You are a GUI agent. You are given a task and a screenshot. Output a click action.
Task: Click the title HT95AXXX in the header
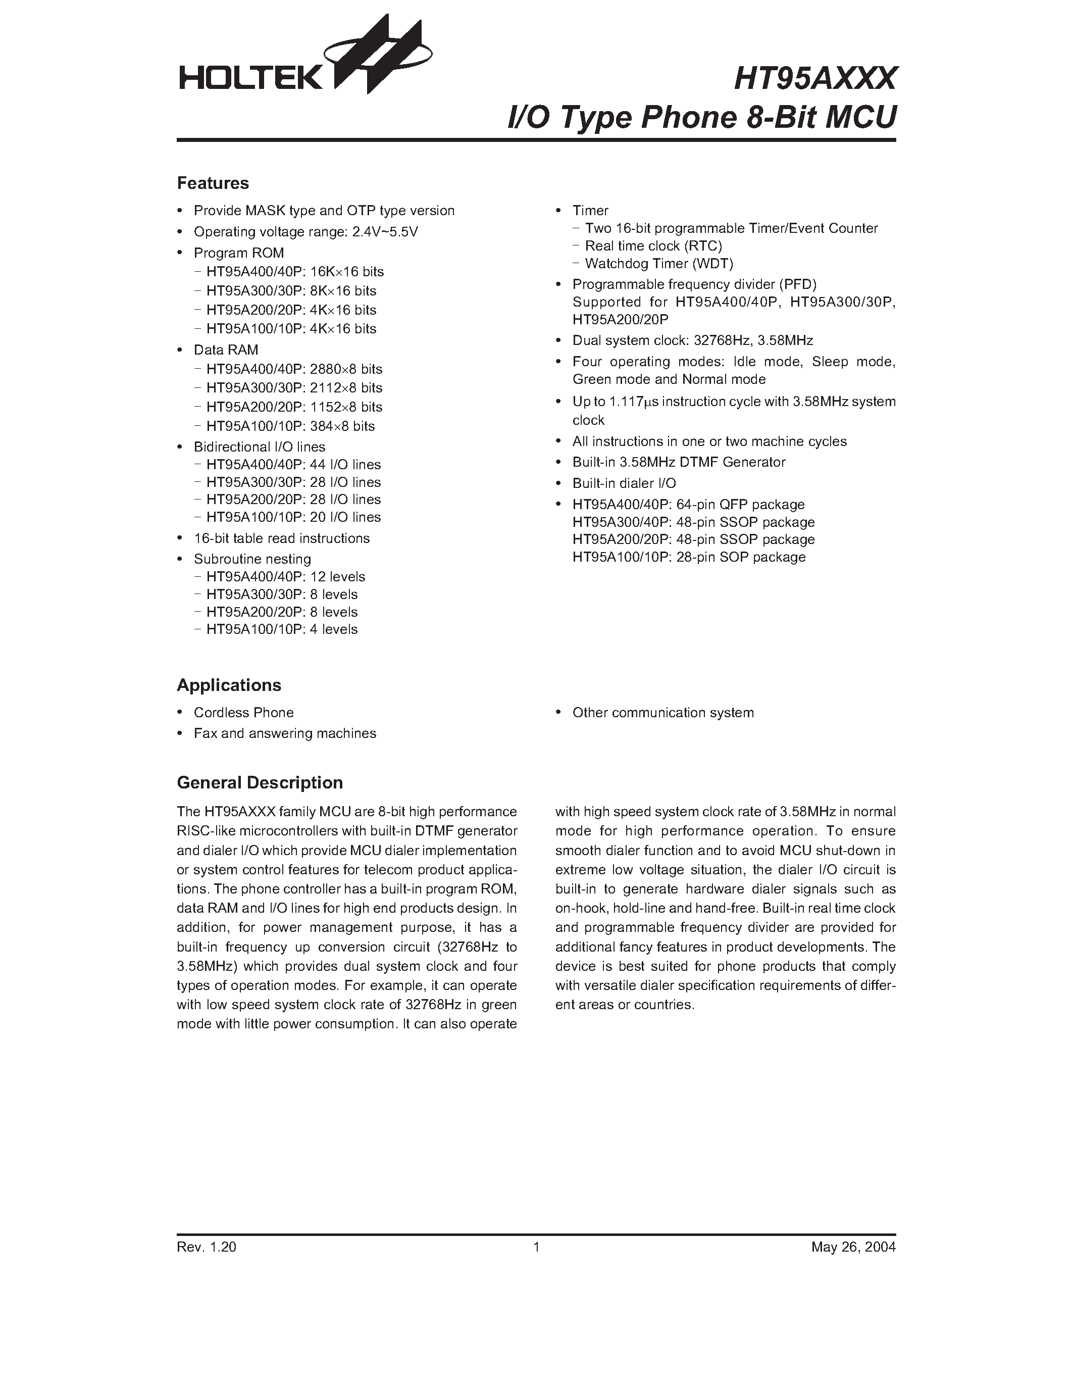(814, 79)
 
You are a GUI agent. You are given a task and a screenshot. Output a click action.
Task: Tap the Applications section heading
(228, 685)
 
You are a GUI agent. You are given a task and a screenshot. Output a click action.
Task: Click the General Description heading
(260, 782)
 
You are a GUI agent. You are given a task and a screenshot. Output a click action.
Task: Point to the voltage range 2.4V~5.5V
(385, 231)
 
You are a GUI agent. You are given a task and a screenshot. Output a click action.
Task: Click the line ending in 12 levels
(285, 577)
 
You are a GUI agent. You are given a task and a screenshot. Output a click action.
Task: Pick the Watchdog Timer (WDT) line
(658, 263)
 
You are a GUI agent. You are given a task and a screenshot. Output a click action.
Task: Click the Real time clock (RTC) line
(653, 245)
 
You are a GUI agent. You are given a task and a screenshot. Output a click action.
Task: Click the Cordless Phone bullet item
(243, 712)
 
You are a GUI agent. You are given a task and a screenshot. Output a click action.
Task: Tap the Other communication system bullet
(662, 712)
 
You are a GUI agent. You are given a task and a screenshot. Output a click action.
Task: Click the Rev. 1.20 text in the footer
(206, 1247)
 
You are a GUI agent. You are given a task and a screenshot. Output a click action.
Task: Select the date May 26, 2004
(852, 1247)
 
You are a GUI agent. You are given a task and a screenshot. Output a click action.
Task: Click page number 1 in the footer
(536, 1247)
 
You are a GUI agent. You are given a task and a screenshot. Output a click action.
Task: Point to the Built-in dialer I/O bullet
(624, 483)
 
